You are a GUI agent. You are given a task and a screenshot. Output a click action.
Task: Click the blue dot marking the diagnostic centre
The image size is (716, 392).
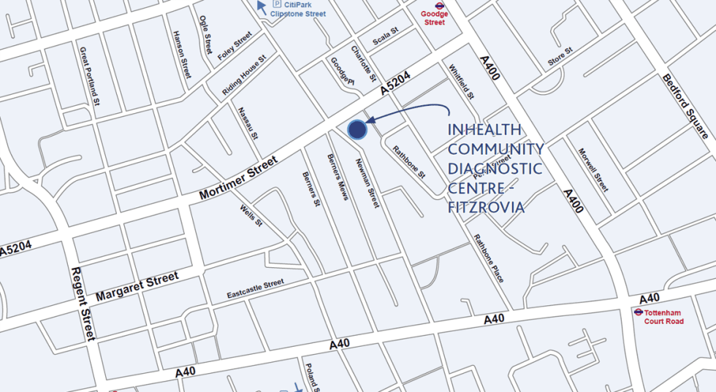coord(357,129)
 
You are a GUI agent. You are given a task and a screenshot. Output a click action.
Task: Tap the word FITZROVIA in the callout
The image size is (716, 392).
coord(486,207)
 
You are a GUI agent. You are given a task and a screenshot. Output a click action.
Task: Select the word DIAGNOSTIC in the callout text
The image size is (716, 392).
coord(495,169)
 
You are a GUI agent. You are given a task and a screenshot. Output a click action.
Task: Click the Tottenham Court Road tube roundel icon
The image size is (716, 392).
coord(638,312)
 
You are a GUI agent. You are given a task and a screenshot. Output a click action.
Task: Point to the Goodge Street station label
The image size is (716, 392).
coord(434,18)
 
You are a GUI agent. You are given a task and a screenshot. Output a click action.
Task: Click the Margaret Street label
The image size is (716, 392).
coord(137,288)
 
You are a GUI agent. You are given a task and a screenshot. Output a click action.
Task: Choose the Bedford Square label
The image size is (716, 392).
coord(685,107)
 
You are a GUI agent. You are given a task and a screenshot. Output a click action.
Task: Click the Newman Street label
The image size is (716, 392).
coord(367,184)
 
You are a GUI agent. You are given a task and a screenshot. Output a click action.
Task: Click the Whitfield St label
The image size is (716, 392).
coord(462,82)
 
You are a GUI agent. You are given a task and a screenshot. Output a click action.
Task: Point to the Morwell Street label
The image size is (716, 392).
coord(593,170)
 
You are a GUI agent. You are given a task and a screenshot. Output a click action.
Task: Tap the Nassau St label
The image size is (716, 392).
coord(248,123)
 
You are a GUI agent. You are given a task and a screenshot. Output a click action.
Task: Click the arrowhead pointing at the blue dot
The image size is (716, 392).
coord(370,119)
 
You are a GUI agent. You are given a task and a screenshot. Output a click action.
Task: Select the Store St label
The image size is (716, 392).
coord(561,56)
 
